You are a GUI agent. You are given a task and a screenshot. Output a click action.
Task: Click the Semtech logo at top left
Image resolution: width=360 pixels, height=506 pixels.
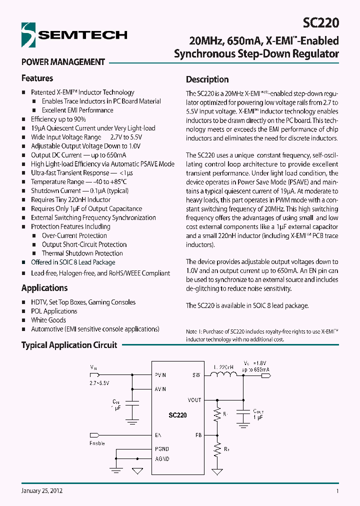point(74,34)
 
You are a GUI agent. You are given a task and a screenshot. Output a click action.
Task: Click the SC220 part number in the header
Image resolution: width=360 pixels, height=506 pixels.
point(321,23)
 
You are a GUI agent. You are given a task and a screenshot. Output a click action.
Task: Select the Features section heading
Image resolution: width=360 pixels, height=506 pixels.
point(37,78)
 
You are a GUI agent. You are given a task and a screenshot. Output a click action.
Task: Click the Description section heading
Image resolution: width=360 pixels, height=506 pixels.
point(207,79)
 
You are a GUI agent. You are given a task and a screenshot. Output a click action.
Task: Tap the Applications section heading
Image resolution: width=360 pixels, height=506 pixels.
point(44,288)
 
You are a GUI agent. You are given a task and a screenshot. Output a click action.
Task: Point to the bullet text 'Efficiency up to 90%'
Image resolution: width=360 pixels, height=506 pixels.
point(58,119)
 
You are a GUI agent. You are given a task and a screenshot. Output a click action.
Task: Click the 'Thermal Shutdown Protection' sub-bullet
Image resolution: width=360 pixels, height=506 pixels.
point(82,253)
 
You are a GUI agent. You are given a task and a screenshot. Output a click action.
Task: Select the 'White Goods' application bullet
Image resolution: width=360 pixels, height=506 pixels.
point(48,320)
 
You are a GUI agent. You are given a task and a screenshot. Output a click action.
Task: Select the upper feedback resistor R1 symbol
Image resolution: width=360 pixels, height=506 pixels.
point(217,414)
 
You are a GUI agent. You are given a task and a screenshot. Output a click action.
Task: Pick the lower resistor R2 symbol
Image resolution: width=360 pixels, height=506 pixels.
point(217,450)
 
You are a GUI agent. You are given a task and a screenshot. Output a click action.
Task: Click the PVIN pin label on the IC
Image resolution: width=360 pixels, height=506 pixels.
point(160,375)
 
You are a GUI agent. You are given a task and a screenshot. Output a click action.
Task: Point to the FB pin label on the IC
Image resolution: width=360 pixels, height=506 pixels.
point(198,435)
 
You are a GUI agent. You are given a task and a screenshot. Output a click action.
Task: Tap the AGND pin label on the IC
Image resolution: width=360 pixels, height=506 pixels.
point(162,459)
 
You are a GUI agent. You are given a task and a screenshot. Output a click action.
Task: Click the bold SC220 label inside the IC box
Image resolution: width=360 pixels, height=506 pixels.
point(177,415)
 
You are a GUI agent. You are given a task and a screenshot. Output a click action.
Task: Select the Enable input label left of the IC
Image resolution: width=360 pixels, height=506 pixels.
point(97,443)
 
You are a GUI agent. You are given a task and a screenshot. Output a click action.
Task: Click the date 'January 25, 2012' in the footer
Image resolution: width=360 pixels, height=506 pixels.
point(42,491)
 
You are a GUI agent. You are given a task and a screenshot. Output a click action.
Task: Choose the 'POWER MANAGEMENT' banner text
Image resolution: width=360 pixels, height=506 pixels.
point(63,62)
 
